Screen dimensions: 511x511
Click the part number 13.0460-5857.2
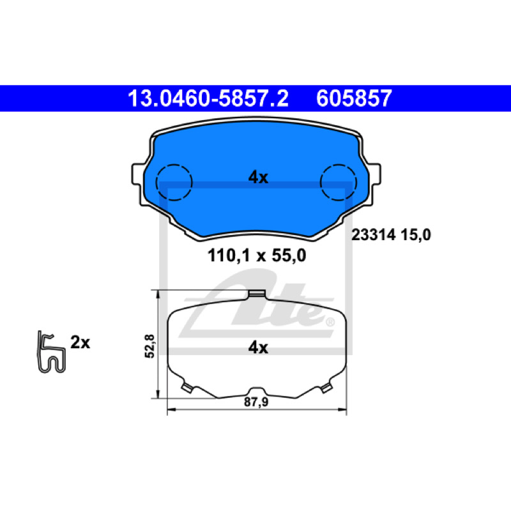pos(208,98)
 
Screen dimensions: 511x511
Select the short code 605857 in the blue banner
pos(354,98)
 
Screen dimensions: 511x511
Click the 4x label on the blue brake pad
pos(258,178)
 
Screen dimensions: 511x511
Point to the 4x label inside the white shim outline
pos(258,347)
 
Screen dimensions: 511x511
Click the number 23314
pos(374,234)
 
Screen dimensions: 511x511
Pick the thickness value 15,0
pos(416,234)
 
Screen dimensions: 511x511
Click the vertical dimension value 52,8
pos(149,346)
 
